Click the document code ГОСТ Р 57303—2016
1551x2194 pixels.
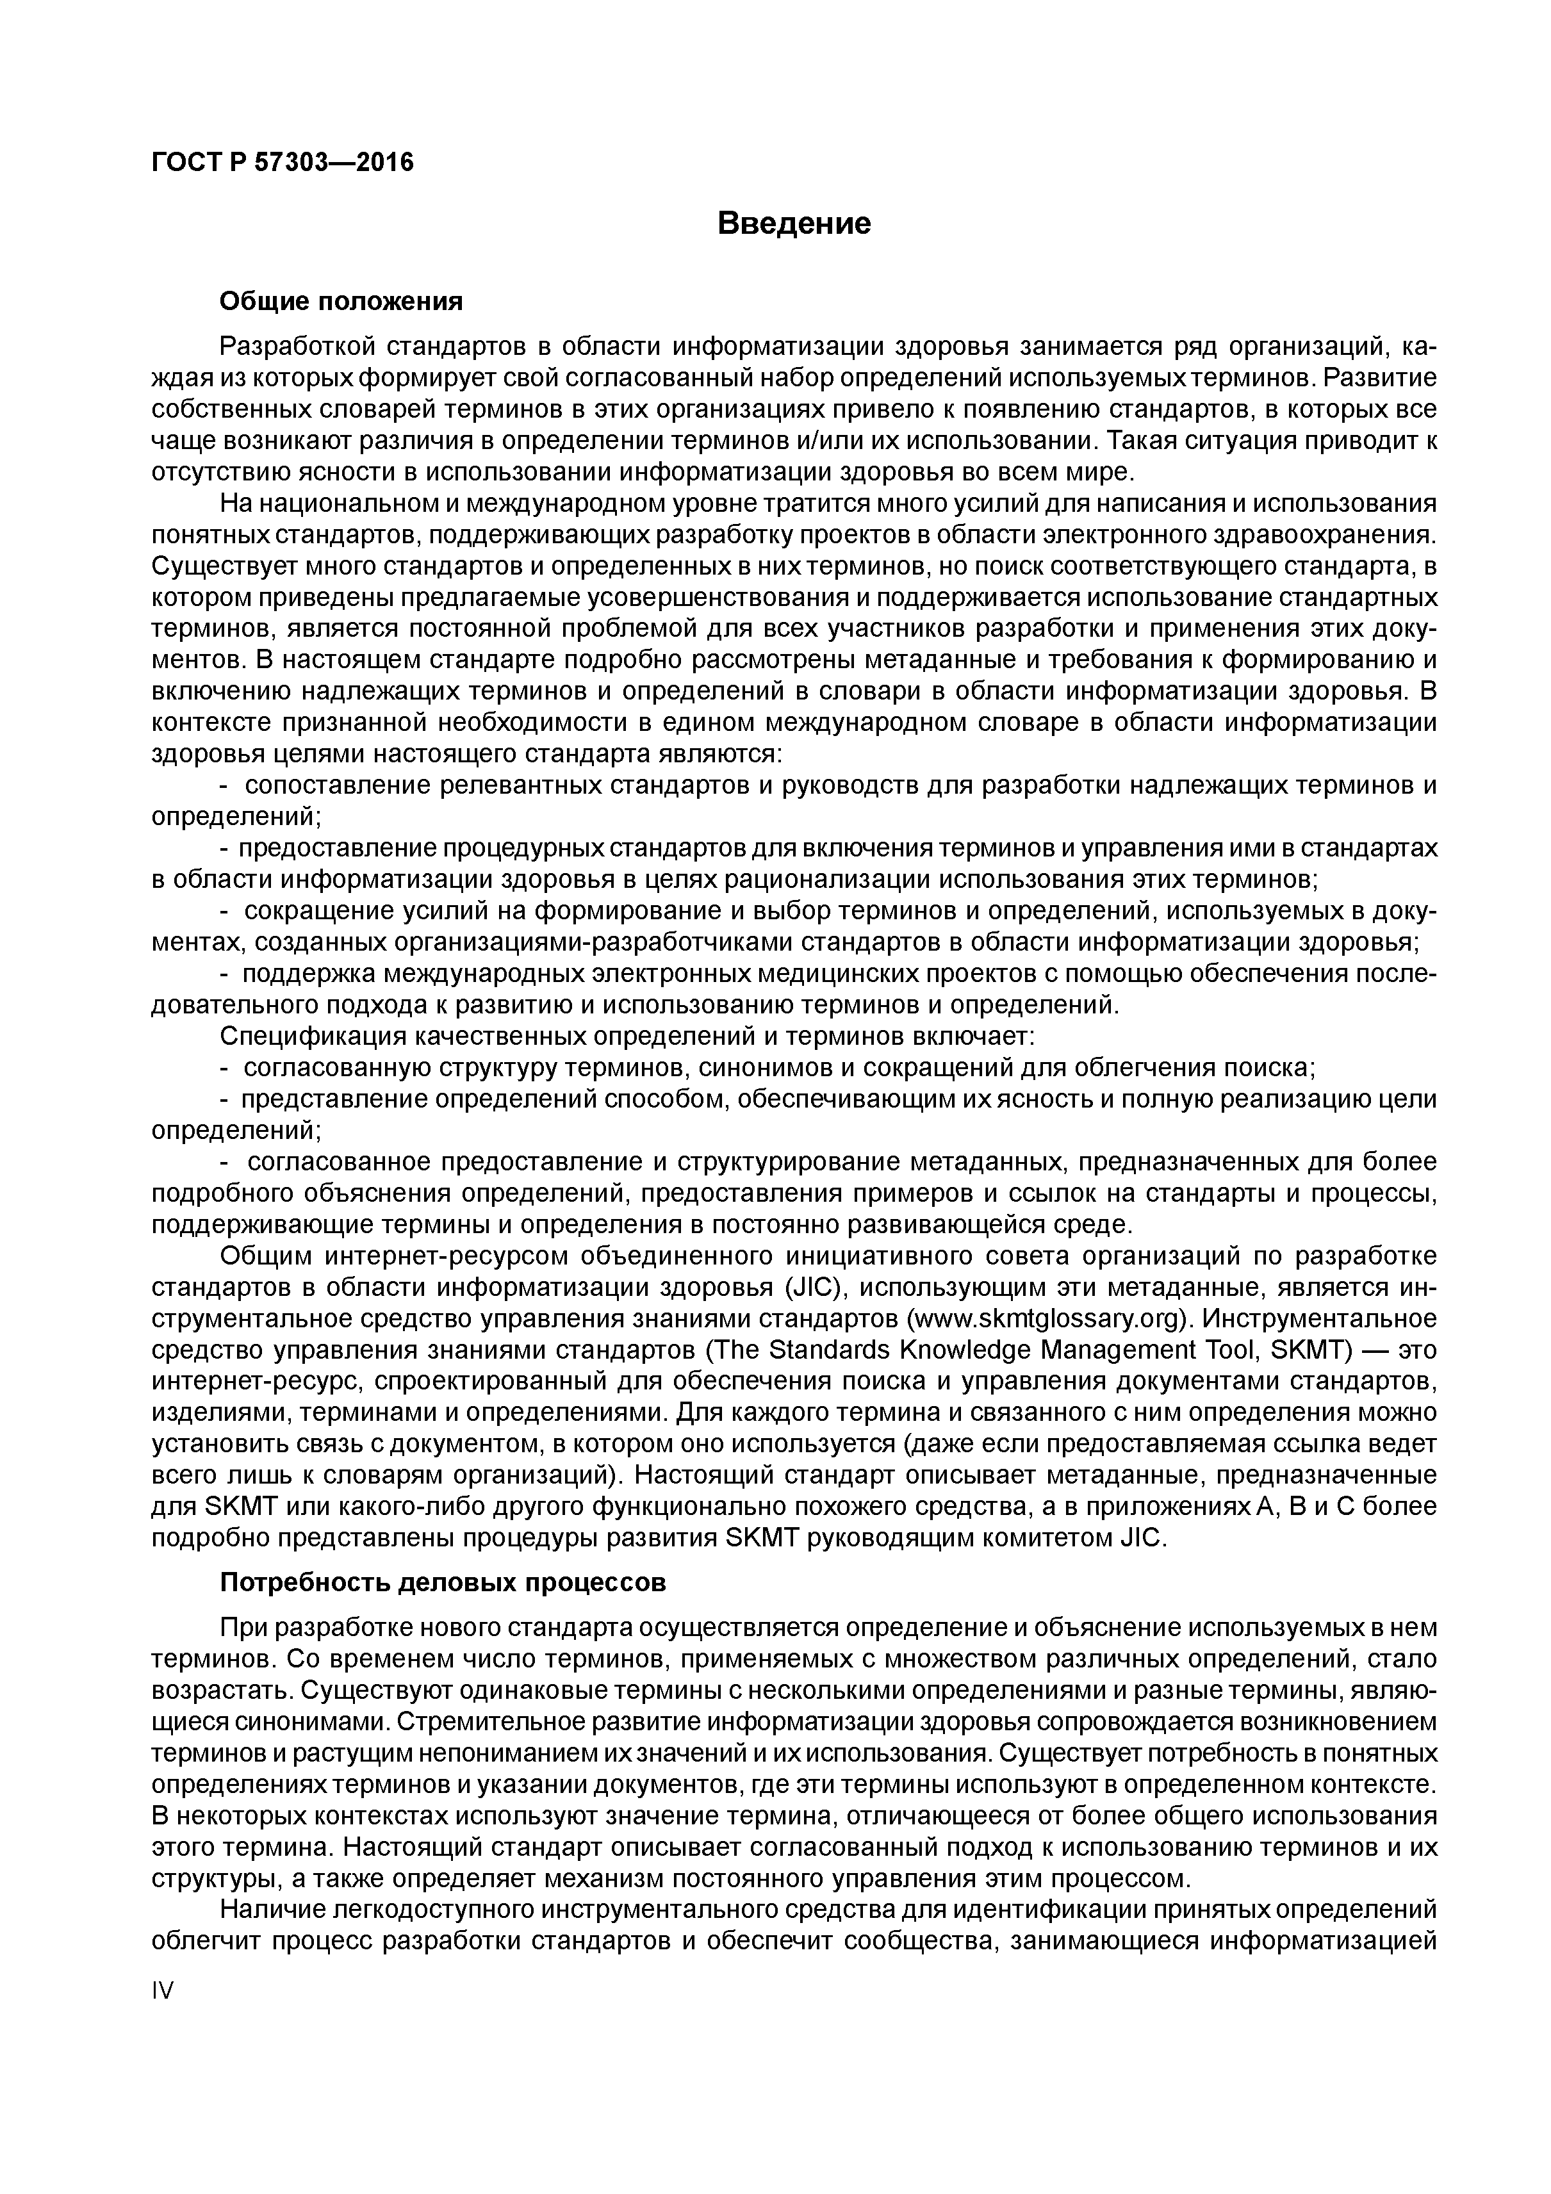pos(283,163)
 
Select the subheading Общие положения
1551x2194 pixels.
pos(341,302)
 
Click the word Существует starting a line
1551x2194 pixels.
pos(223,568)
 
